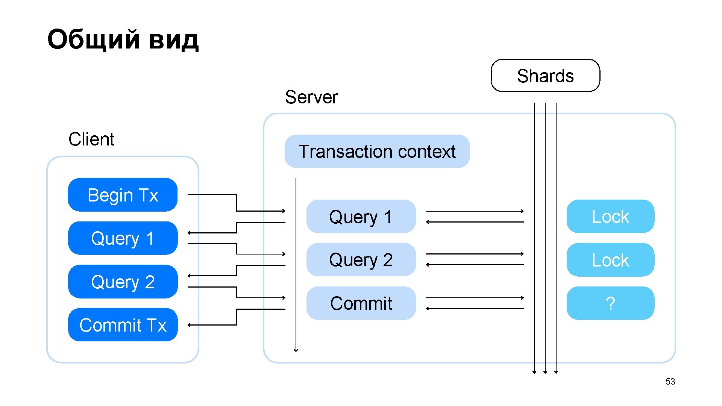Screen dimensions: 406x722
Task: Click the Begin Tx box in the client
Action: tap(123, 195)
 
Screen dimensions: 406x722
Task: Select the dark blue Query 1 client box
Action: tap(123, 238)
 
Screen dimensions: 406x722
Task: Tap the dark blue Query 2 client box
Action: tap(123, 282)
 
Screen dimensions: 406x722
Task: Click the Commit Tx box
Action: tap(123, 325)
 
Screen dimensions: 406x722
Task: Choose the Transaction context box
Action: tap(377, 151)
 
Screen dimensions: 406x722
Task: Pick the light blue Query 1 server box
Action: tap(361, 217)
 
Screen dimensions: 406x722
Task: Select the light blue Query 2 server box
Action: tap(361, 260)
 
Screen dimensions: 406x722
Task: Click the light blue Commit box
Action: tap(361, 303)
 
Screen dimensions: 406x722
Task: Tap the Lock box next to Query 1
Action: tap(610, 217)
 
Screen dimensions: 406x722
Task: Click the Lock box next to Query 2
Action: tap(610, 260)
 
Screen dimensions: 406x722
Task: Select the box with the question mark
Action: tap(610, 303)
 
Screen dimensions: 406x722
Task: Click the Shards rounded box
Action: tap(545, 76)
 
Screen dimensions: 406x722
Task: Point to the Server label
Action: tap(311, 97)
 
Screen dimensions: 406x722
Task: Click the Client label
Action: tap(91, 139)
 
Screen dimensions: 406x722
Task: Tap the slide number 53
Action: tap(670, 382)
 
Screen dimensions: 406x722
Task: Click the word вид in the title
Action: tap(173, 39)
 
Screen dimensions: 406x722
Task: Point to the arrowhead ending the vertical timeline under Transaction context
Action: tap(296, 350)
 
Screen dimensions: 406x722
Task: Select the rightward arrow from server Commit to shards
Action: tap(475, 298)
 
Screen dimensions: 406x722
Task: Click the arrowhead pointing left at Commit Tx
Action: tap(190, 325)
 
